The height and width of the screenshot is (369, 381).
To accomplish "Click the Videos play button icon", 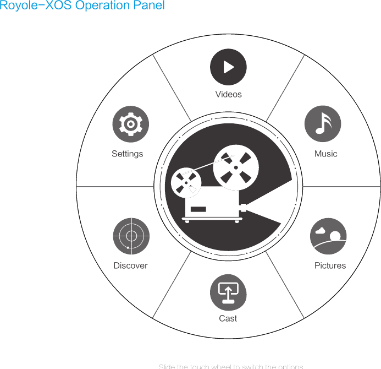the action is click(x=228, y=67).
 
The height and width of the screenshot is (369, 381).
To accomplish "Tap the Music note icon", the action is click(x=323, y=124).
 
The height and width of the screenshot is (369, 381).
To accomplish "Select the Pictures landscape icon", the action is click(x=328, y=236).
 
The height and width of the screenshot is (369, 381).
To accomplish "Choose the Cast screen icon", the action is click(x=228, y=292).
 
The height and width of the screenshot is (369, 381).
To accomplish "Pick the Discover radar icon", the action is click(x=131, y=236).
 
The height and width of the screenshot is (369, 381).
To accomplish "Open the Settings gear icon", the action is click(x=130, y=124).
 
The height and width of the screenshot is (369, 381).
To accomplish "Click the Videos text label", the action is click(x=228, y=94).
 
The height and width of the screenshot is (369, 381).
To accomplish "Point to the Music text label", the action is click(x=325, y=154).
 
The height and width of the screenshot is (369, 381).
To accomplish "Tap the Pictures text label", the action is click(x=330, y=265).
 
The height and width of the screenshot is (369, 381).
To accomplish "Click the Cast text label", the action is click(x=228, y=318).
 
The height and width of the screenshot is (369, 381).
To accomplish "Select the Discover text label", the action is click(x=130, y=265).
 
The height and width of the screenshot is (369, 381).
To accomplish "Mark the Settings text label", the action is click(x=127, y=154).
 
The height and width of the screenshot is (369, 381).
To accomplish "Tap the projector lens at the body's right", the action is click(x=244, y=208).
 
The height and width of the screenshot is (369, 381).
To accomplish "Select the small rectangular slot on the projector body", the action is click(x=198, y=209).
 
